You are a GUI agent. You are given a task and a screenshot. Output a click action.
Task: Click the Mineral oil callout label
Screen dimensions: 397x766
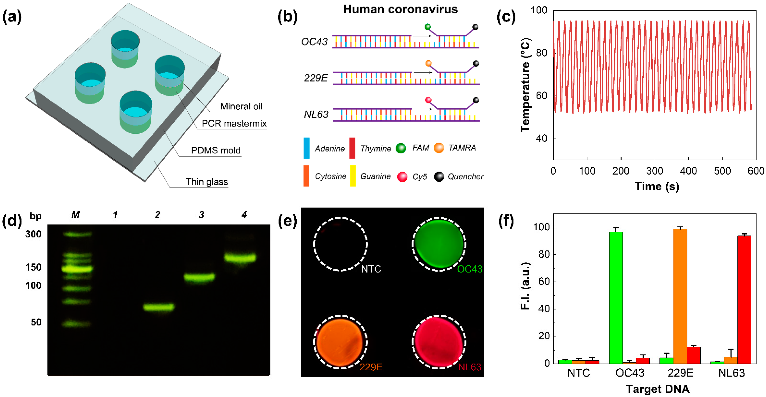click(x=241, y=106)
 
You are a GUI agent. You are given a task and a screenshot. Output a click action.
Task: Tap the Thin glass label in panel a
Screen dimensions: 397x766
click(x=207, y=182)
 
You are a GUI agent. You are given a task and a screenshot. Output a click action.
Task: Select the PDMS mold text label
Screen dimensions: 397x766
click(x=216, y=150)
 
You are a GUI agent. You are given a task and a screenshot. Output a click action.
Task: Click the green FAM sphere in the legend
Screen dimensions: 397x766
click(x=401, y=148)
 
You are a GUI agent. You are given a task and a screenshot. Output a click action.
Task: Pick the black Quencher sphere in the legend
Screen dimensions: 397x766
click(x=439, y=177)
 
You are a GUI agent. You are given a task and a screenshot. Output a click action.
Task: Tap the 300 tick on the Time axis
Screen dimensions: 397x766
click(x=655, y=171)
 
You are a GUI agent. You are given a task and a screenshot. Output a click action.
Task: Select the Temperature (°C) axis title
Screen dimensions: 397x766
click(x=525, y=85)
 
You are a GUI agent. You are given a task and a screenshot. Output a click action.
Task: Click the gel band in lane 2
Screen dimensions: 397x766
click(x=158, y=307)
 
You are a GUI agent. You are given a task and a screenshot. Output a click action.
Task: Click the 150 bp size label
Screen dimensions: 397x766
click(x=33, y=267)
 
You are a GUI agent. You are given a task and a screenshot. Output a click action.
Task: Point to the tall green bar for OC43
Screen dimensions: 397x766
click(x=616, y=297)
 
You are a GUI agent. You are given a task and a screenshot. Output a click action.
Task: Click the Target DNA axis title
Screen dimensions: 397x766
click(x=658, y=389)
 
